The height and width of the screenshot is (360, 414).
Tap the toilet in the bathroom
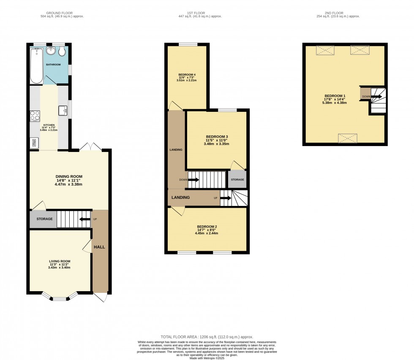tap(62, 51)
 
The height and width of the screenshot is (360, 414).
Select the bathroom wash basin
tap(52, 51)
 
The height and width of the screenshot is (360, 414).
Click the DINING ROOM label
tap(69, 176)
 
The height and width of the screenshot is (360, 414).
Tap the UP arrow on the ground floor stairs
tap(86, 219)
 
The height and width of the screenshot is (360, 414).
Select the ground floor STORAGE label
tap(44, 219)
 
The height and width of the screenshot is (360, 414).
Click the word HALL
tap(99, 246)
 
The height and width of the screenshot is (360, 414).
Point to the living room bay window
tap(61, 298)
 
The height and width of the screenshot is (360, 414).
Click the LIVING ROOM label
tap(59, 261)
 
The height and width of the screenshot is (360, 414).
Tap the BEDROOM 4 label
tap(187, 75)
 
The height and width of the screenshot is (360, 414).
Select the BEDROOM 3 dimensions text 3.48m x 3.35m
tap(217, 144)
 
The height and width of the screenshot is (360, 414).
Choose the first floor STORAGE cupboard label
tap(237, 180)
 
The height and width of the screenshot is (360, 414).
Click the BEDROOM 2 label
tap(207, 226)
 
